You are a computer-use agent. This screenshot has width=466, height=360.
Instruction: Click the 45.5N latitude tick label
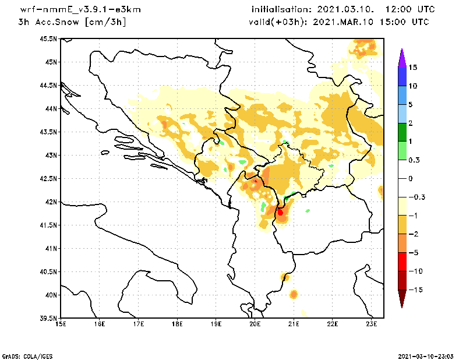48,39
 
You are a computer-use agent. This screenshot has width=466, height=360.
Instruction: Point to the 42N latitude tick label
51,202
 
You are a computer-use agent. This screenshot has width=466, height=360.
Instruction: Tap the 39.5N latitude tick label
48,319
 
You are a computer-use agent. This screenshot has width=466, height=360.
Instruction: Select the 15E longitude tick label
60,324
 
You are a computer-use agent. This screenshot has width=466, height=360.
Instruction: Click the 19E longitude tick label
216,324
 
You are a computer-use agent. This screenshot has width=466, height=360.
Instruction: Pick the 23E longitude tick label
372,324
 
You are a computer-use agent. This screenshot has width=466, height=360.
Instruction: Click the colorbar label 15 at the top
412,68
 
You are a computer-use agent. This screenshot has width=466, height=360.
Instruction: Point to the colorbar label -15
414,290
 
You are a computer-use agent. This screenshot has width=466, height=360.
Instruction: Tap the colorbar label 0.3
414,160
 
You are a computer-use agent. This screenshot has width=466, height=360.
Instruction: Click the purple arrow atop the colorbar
402,57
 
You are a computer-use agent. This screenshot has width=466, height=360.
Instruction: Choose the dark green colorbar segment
402,132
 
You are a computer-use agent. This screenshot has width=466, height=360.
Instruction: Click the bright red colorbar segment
402,262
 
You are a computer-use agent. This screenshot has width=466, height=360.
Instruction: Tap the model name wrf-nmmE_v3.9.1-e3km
72,10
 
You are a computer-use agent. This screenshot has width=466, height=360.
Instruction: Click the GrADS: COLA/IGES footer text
22,355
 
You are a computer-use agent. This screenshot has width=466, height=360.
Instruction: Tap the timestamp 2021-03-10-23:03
428,355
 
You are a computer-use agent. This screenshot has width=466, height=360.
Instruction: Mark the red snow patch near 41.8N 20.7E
280,212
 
